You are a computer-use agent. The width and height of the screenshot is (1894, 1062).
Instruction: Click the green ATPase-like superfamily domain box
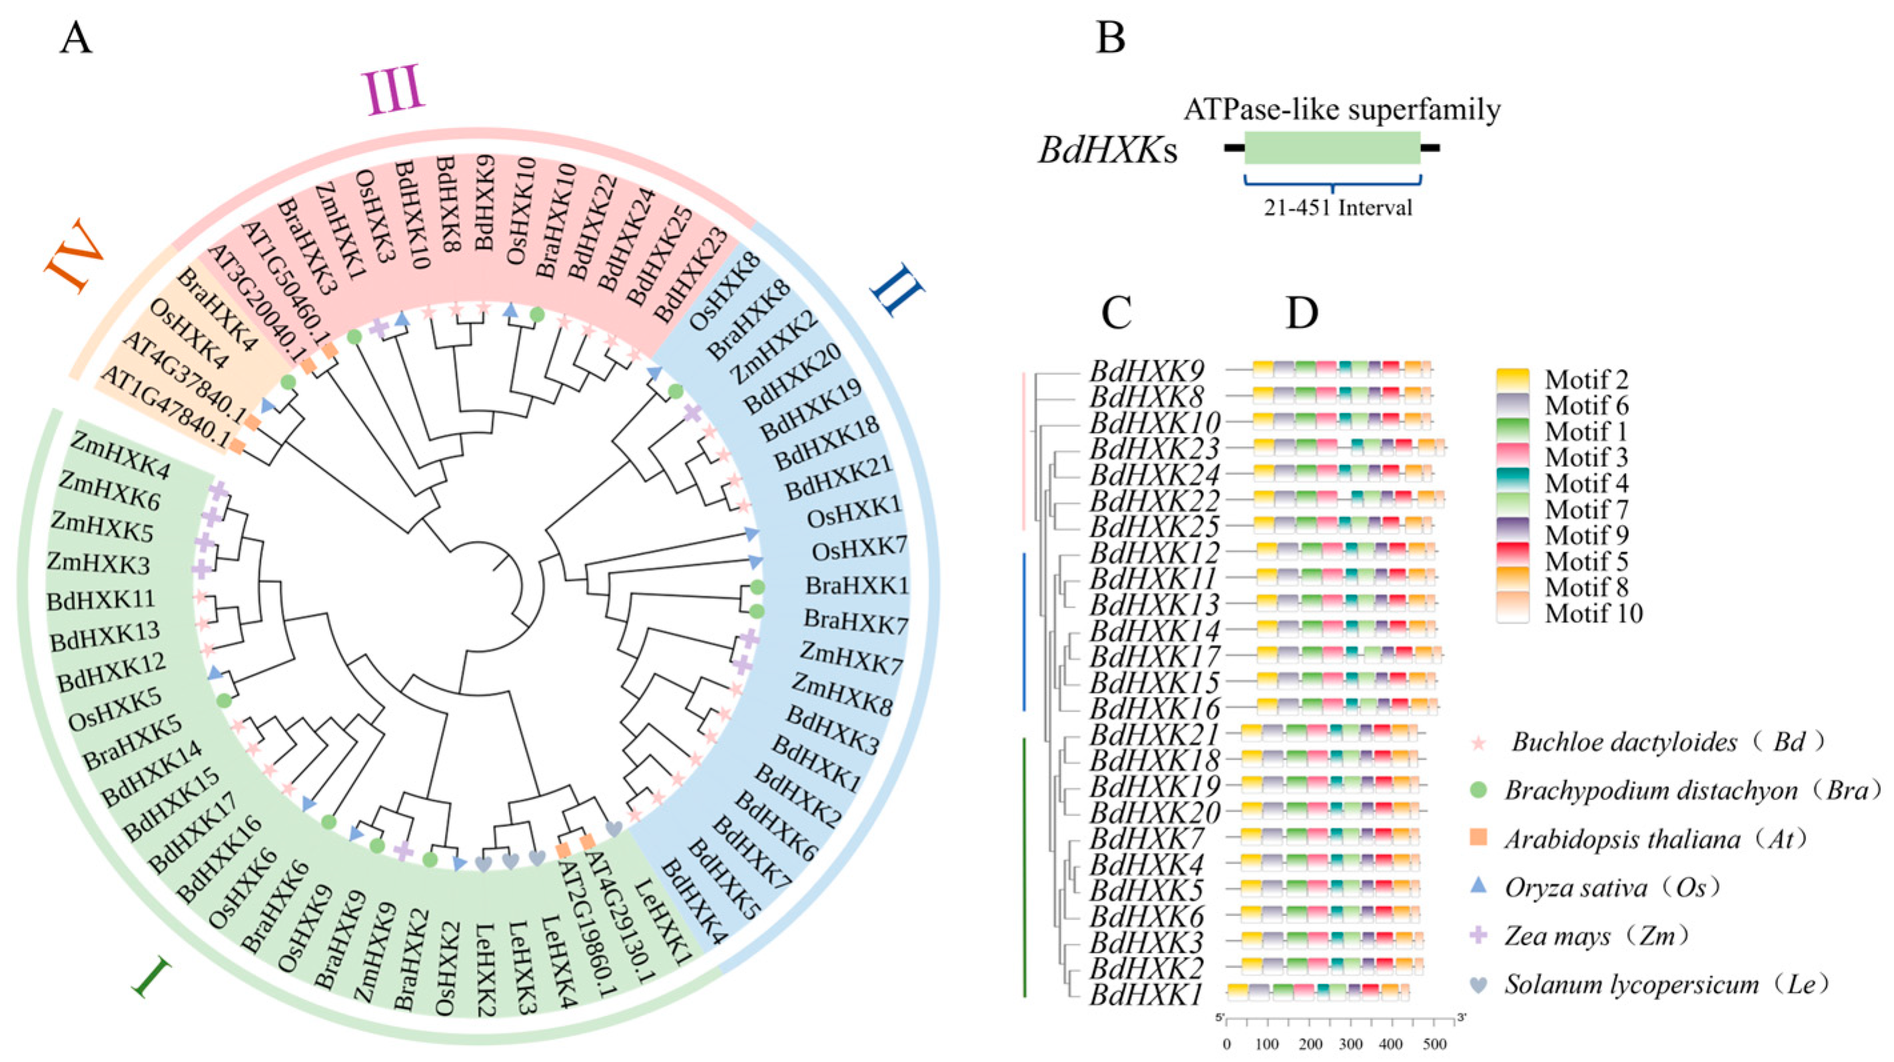click(1332, 148)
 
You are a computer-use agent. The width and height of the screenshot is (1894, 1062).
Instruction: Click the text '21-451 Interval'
click(1338, 208)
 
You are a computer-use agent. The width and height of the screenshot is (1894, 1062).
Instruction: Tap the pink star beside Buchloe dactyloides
click(1477, 743)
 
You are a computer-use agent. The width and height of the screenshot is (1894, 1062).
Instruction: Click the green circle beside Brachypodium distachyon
click(1477, 792)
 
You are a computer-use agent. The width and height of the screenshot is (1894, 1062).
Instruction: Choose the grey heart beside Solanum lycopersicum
click(1477, 985)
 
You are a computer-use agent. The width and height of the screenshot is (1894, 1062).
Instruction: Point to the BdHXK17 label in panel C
click(1155, 656)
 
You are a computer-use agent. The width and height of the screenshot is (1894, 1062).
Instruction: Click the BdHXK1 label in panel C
click(1147, 995)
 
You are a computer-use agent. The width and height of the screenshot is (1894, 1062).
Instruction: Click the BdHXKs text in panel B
click(1107, 151)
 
